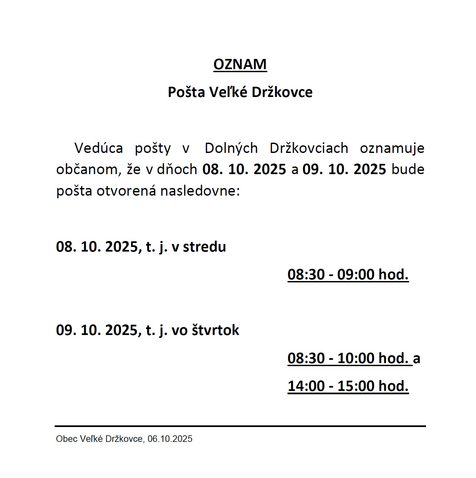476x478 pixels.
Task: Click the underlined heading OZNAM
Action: pos(240,64)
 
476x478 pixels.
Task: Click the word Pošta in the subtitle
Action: pos(186,92)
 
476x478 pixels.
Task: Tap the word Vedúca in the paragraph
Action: pos(98,148)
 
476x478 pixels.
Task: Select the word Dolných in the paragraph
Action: pos(231,148)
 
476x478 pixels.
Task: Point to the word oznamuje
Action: pos(392,148)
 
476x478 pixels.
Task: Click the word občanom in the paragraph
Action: pos(87,169)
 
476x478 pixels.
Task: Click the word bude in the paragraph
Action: pos(408,169)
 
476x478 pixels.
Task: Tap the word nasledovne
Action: pos(200,191)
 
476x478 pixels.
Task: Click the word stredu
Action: pos(204,247)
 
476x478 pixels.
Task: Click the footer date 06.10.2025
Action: pos(170,439)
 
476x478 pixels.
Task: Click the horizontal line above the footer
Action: pos(240,426)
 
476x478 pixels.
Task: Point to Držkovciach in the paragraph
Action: pos(309,148)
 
